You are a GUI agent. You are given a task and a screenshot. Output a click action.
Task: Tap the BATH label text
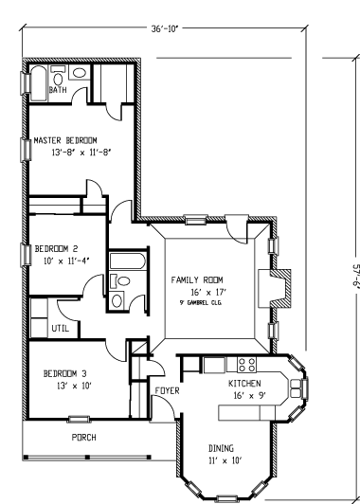coord(58,90)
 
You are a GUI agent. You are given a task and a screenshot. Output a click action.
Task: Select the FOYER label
coord(166,389)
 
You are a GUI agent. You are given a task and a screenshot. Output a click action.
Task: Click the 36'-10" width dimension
coord(167,28)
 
